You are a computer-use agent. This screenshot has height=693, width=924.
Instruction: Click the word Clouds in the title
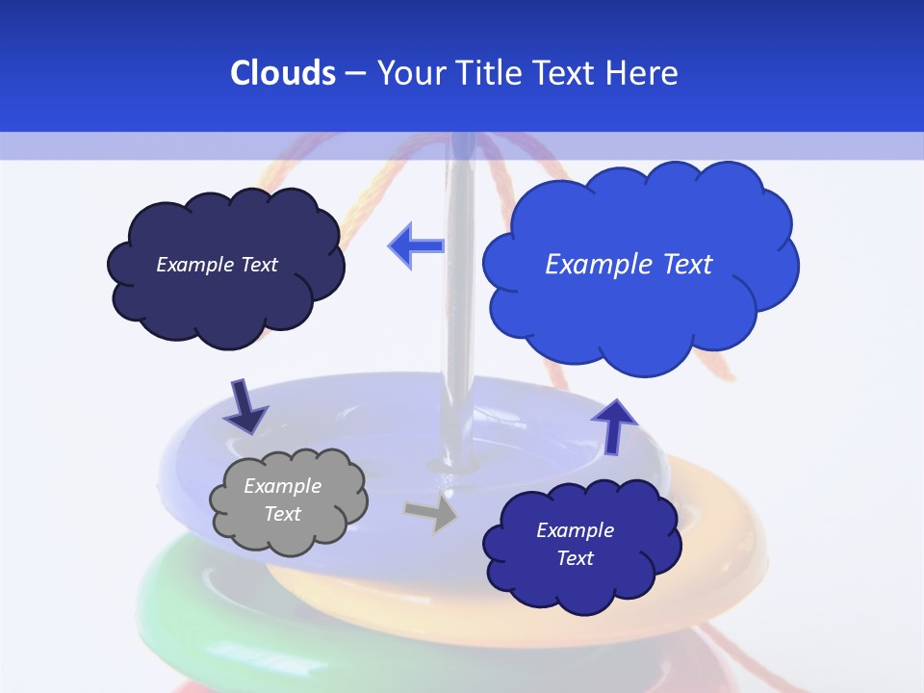[282, 73]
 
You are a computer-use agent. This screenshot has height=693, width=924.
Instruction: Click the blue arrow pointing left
[416, 246]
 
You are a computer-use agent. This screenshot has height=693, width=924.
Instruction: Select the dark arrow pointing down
[245, 406]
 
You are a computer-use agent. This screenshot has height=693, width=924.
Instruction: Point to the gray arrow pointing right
[432, 513]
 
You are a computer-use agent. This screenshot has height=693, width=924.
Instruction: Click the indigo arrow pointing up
[613, 424]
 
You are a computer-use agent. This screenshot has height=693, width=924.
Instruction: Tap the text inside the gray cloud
[283, 500]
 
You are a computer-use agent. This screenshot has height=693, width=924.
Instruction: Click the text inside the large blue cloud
[629, 264]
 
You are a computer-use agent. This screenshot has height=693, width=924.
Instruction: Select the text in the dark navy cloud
[217, 264]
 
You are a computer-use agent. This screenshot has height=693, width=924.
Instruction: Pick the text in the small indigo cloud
[575, 544]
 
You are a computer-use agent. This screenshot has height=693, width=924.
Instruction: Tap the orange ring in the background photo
[712, 539]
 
